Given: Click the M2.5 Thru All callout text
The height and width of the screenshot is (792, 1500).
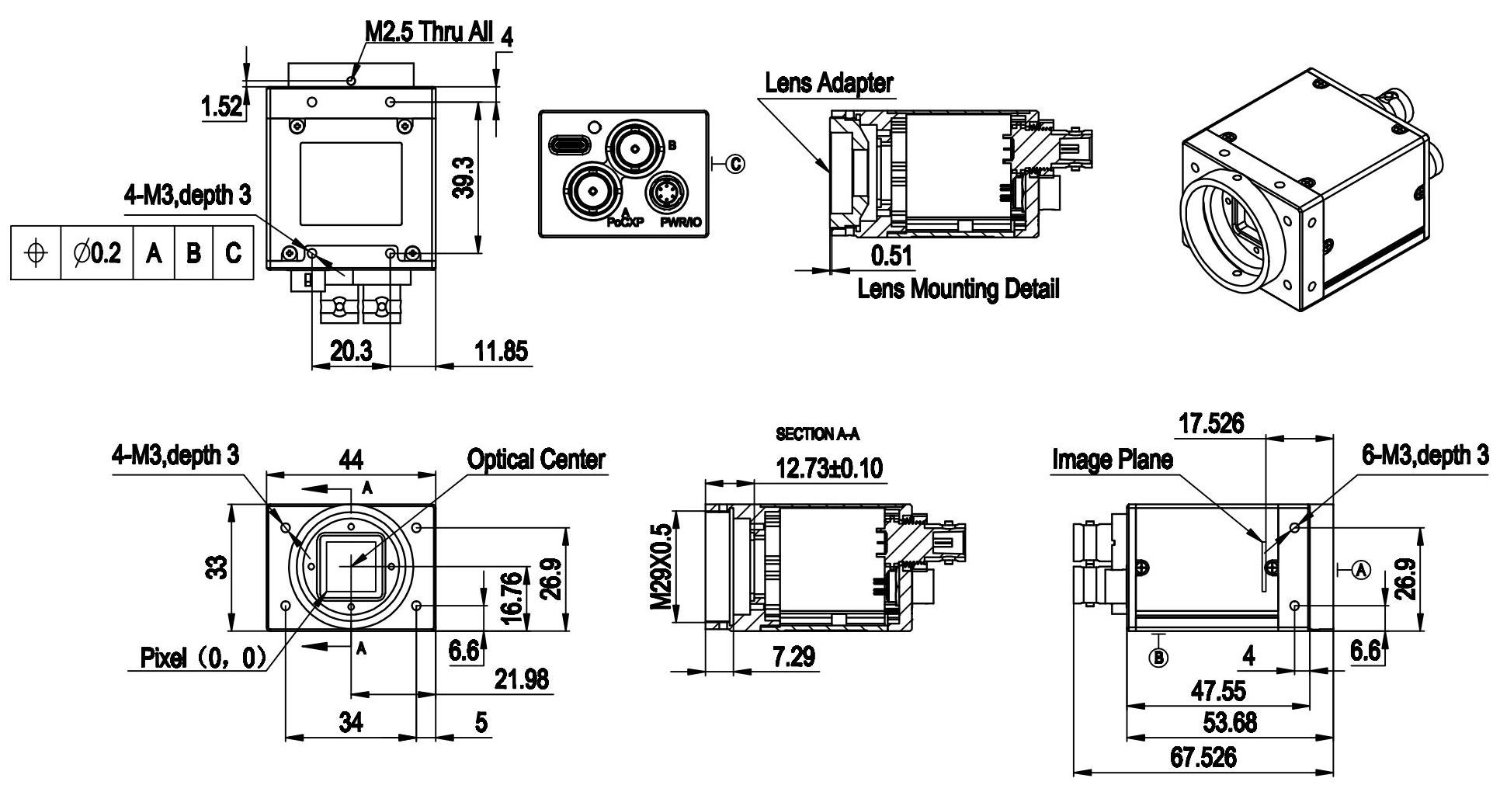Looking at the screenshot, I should click(x=429, y=32).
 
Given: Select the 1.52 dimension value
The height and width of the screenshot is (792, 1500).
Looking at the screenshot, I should click(x=221, y=108).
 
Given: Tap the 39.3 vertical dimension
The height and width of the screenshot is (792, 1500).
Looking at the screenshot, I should click(x=464, y=176).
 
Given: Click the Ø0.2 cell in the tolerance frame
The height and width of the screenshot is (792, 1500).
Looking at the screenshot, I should click(x=97, y=253).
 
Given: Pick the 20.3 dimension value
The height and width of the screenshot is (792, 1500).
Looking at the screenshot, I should click(x=350, y=352).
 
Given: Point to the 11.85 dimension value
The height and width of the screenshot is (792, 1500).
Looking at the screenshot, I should click(x=502, y=352).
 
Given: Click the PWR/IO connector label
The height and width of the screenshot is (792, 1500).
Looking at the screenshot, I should click(x=680, y=223).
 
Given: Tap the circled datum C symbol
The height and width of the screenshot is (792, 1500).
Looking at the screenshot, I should click(x=735, y=163).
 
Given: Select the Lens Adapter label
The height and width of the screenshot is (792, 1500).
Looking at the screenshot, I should click(x=828, y=82).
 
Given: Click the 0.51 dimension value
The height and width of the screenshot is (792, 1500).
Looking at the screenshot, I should click(x=891, y=255).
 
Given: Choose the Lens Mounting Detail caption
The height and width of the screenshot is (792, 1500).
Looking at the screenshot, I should click(x=958, y=290).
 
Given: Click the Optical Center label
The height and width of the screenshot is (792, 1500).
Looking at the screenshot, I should click(x=536, y=459).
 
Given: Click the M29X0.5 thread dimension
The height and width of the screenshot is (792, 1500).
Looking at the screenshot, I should click(x=661, y=566).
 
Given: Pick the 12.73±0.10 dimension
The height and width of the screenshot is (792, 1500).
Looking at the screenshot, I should click(x=829, y=468).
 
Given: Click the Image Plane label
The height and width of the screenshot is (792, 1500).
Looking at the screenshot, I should click(x=1112, y=460).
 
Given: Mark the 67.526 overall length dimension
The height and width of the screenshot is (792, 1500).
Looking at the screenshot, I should click(x=1203, y=757).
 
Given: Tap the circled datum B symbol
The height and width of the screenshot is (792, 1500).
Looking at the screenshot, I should click(x=1158, y=658).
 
